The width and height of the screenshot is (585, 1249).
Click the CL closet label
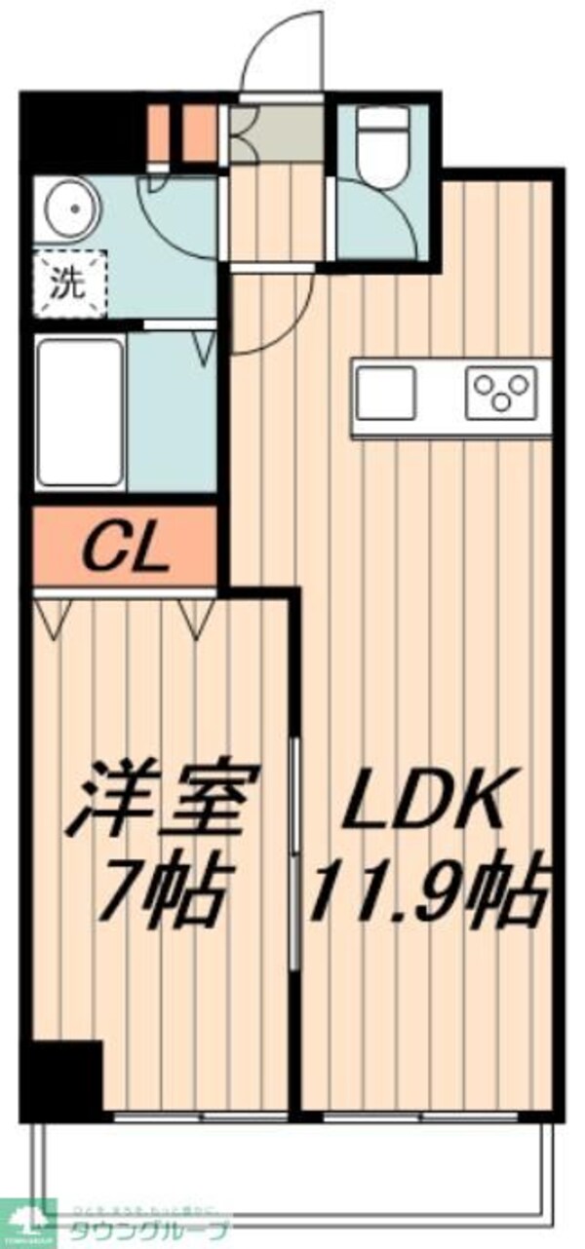point(125,552)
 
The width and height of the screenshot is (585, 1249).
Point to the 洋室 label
point(163,798)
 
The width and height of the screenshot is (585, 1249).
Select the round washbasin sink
point(69,208)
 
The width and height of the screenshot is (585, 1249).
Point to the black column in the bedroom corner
point(66,1075)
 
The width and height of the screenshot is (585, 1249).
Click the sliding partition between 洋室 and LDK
point(293,852)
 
